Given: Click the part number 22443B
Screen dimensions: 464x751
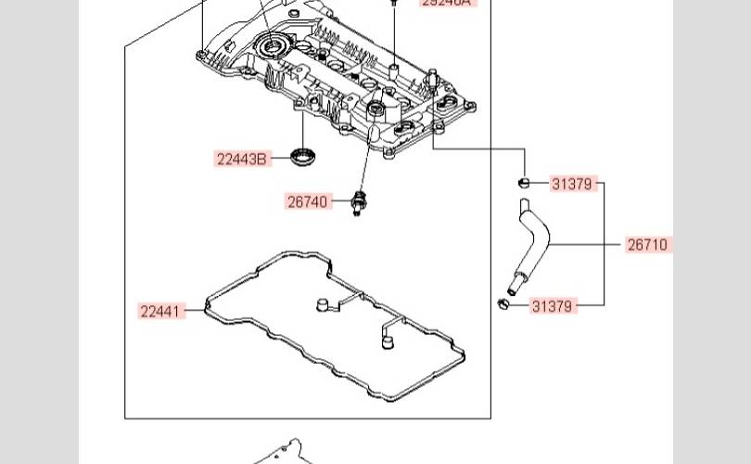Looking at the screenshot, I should click(x=242, y=160).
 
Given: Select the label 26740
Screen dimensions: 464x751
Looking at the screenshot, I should click(x=308, y=201).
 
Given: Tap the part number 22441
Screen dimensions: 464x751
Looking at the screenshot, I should click(x=160, y=311).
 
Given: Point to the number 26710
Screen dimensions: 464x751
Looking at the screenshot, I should click(x=647, y=245).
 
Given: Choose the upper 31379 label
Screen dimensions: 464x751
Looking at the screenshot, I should click(x=571, y=184).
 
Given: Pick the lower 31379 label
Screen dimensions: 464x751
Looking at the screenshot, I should click(x=553, y=305).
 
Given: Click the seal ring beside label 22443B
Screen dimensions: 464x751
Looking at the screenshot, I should click(x=302, y=156).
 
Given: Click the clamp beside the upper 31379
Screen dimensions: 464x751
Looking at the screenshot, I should click(x=524, y=182).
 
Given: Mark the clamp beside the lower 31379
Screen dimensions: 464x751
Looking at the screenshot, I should click(x=504, y=303).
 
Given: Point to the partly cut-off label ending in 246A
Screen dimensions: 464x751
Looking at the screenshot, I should click(x=446, y=3).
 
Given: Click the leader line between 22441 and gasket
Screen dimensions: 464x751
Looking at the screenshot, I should click(x=195, y=311).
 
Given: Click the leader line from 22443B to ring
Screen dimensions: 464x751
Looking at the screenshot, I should click(x=280, y=159).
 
